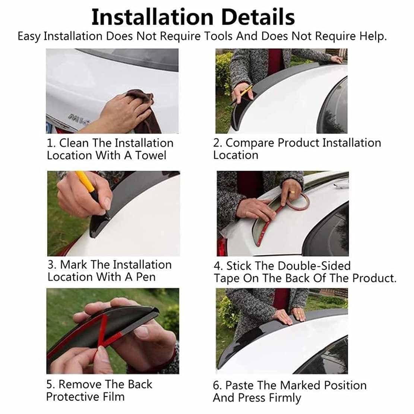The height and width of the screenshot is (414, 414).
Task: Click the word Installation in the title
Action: (152, 17)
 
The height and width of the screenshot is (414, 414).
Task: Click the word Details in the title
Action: (258, 17)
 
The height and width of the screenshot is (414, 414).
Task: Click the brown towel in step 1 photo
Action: (144, 111)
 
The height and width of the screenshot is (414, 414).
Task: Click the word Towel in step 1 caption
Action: (151, 155)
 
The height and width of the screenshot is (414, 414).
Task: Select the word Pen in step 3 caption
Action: (146, 277)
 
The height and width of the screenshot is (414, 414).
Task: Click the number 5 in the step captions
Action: (50, 385)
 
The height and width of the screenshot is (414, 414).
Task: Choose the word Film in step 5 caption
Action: (113, 397)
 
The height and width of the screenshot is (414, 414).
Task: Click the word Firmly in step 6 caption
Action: (283, 398)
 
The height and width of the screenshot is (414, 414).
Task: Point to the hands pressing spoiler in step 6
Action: (290, 316)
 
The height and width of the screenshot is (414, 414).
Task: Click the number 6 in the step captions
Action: (217, 385)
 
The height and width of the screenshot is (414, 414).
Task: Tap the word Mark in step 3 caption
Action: (73, 265)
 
